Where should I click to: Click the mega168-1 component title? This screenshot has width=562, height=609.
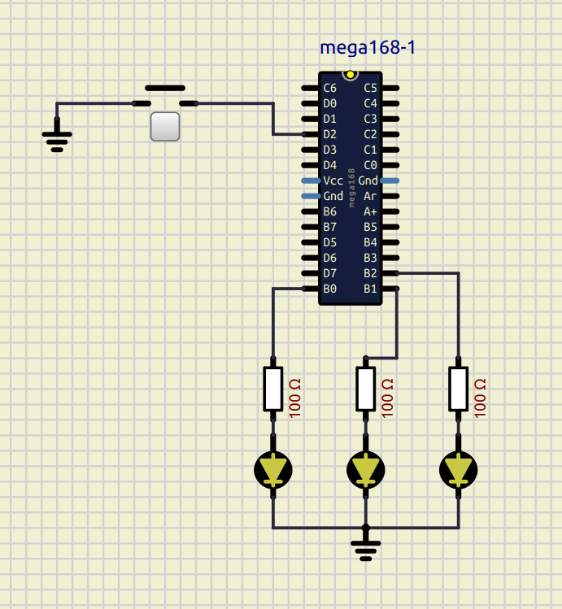click(x=368, y=47)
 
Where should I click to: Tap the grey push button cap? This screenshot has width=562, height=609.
click(x=165, y=127)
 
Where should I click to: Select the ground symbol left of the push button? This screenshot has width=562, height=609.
click(x=57, y=138)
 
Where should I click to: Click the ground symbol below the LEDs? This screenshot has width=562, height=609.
click(x=366, y=548)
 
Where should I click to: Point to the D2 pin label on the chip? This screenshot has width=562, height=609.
click(x=329, y=134)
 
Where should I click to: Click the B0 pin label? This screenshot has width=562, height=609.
click(x=329, y=289)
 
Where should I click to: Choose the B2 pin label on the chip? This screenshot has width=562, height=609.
click(x=371, y=273)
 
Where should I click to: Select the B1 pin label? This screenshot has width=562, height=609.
click(x=371, y=289)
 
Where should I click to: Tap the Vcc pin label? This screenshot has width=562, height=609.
click(x=333, y=181)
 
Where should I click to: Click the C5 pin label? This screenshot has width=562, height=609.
click(x=371, y=88)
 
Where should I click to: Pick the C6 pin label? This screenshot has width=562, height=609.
click(x=329, y=88)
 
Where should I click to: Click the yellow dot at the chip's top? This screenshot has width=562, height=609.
click(x=351, y=75)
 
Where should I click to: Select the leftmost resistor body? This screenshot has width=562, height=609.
click(x=273, y=389)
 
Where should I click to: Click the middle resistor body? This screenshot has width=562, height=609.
click(x=366, y=389)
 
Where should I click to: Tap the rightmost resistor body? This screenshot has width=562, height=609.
click(x=459, y=389)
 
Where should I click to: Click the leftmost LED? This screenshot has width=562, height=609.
click(x=273, y=470)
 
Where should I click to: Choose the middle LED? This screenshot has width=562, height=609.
click(x=366, y=470)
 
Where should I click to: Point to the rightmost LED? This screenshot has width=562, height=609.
click(x=459, y=470)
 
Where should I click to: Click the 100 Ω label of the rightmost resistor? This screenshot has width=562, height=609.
click(x=480, y=398)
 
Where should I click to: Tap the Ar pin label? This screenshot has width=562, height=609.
click(x=371, y=196)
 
